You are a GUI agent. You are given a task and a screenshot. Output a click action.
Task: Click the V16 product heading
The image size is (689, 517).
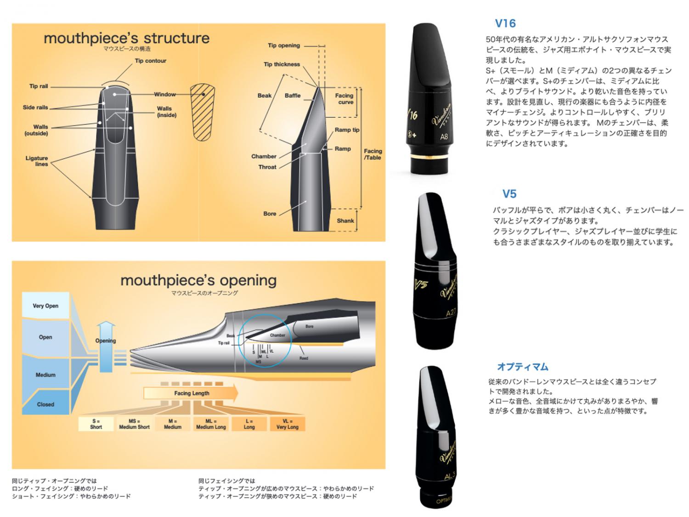tap(505, 23)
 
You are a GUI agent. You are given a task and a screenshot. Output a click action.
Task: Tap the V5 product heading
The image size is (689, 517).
tap(509, 194)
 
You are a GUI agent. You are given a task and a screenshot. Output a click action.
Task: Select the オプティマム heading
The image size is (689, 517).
tap(523, 367)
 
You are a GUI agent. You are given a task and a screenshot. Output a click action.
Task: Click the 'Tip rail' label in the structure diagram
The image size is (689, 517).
tap(39, 86)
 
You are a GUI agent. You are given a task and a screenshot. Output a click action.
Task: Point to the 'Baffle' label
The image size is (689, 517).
tap(293, 96)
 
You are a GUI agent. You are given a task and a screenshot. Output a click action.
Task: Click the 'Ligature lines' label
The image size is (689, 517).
tap(37, 161)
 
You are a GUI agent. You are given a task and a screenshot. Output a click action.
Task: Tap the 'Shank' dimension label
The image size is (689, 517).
tap(345, 221)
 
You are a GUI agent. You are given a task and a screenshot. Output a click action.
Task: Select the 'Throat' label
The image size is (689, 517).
tap(267, 167)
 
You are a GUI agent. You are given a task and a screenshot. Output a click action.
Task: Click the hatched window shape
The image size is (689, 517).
tap(203, 112)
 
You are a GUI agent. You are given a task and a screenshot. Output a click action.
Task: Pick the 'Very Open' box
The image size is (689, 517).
tap(45, 306)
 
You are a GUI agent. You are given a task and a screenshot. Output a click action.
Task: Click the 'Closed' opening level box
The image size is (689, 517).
tap(45, 404)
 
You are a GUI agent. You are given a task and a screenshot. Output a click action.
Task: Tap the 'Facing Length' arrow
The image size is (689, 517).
tap(191, 393)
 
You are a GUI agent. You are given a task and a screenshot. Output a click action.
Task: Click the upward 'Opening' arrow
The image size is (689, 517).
tap(106, 345)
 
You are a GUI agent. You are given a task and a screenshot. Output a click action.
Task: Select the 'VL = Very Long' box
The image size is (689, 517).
tap(287, 424)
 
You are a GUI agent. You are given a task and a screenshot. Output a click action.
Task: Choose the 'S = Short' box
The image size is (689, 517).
tap(96, 424)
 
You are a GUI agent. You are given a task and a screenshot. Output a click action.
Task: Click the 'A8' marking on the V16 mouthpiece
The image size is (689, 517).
tap(444, 136)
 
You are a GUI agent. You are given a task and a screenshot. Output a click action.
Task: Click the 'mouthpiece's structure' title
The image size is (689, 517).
tap(126, 38)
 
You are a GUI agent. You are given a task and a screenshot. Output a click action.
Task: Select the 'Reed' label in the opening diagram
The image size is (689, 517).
tap(304, 358)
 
